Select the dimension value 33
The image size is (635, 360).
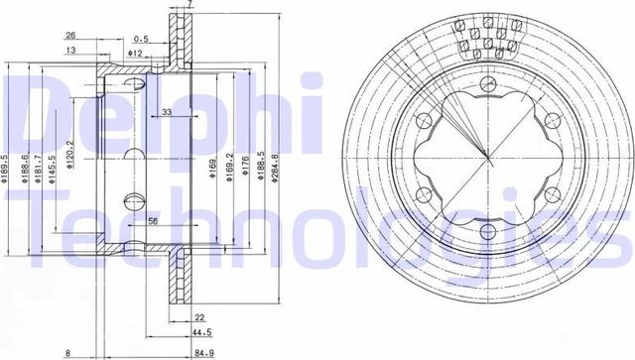point(167,113)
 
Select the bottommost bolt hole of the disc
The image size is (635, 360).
point(487,234)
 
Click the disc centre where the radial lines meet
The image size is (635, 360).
point(487,159)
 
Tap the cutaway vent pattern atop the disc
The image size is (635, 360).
point(487,40)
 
